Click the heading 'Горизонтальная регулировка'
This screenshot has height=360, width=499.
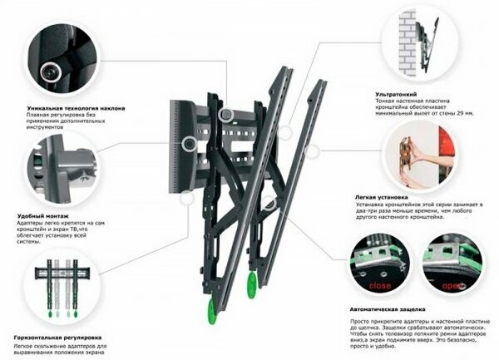[x=57, y=339]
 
